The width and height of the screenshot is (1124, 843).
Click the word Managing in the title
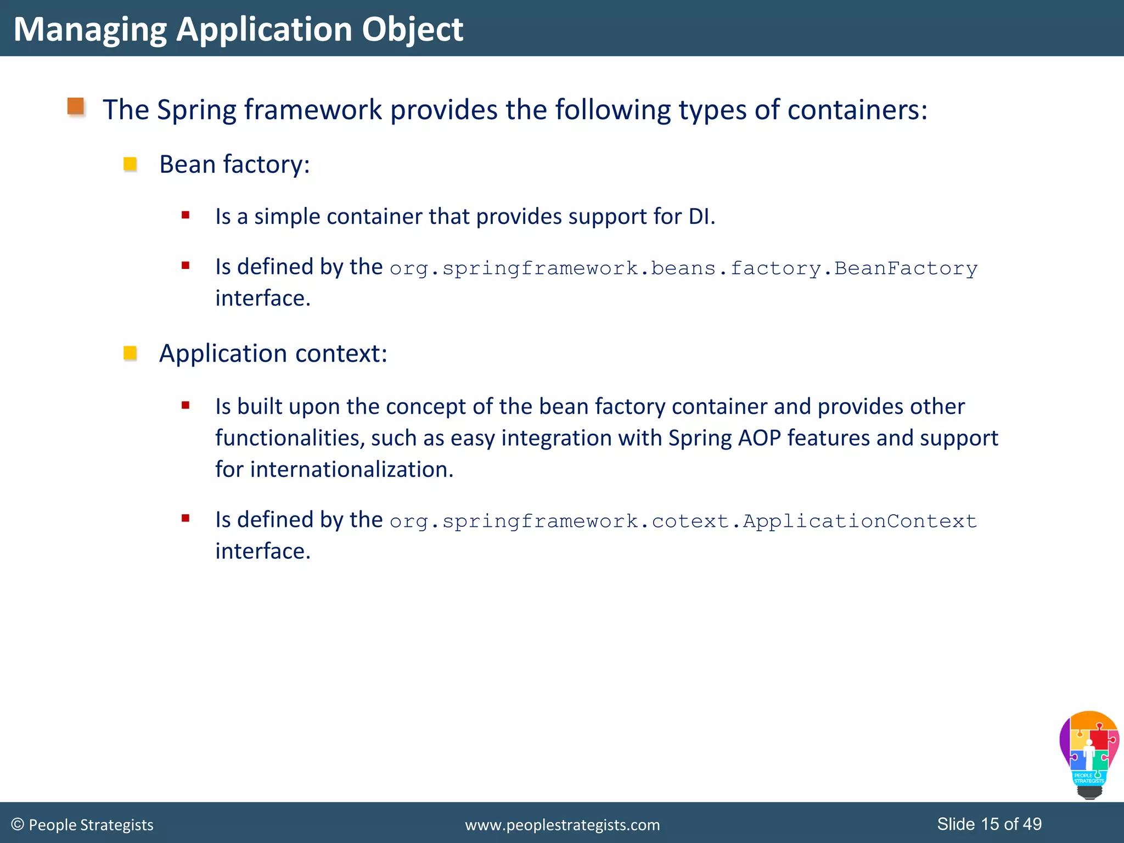pos(89,30)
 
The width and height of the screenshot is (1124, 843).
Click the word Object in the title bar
pos(412,30)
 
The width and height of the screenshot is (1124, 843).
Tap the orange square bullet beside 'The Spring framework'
pos(76,106)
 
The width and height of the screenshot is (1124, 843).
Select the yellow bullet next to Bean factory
pos(130,164)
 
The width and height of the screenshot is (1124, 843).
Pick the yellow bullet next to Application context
pos(130,353)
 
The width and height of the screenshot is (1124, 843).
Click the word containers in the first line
pos(857,110)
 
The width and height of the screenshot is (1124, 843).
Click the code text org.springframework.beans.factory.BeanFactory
pos(683,268)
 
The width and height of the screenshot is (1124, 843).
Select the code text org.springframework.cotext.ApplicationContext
pos(683,521)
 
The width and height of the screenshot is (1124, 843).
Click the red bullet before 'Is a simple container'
pos(186,215)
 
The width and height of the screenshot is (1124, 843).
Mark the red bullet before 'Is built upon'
pos(186,406)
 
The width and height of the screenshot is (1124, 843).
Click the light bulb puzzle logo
pos(1089,754)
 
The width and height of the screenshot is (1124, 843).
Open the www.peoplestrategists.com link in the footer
pos(562,825)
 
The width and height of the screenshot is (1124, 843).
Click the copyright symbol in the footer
pos(18,824)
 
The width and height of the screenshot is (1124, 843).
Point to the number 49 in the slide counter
pos(1032,824)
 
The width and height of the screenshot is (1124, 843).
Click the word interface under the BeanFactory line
pos(262,298)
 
